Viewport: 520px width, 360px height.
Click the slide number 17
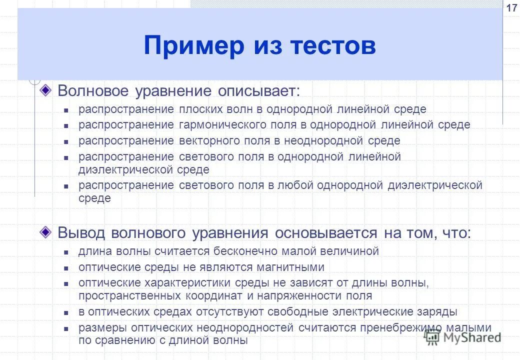click(511, 8)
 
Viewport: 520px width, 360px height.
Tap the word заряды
click(438, 311)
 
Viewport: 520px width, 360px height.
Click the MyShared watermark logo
click(462, 337)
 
